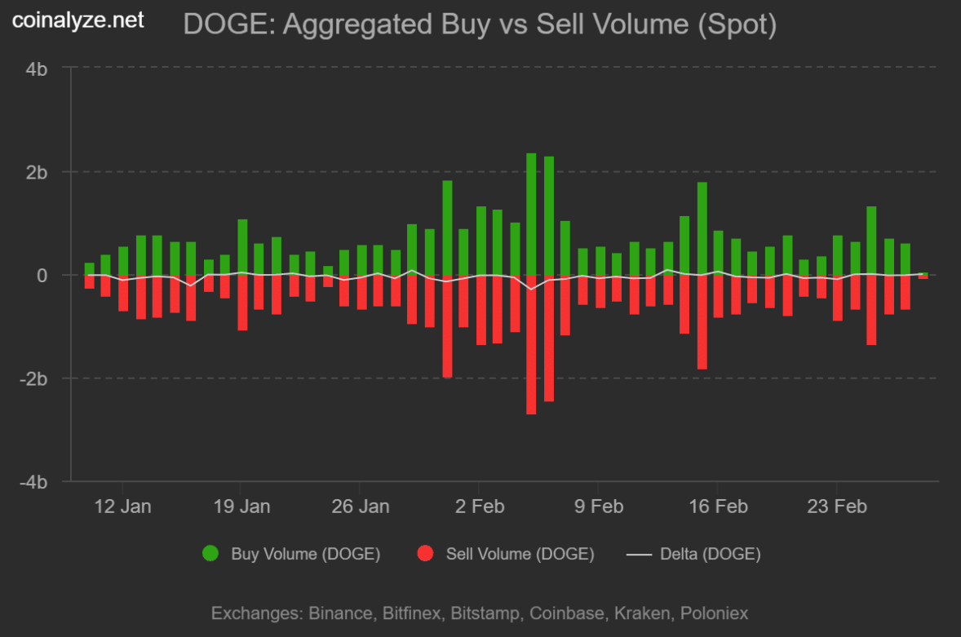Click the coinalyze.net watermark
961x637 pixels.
[x=77, y=20]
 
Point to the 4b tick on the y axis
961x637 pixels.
[x=37, y=69]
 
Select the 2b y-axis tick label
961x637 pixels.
[x=37, y=172]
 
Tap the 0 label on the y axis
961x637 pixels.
[x=42, y=276]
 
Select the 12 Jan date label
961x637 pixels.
[x=122, y=507]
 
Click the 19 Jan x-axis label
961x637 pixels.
[x=241, y=507]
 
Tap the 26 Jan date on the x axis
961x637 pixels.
[x=361, y=507]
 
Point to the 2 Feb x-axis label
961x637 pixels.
[x=480, y=507]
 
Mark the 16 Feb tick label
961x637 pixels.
[x=718, y=507]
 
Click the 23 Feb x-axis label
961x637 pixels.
[x=837, y=507]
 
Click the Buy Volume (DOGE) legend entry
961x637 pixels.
[x=290, y=555]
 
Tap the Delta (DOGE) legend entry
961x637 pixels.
[x=693, y=555]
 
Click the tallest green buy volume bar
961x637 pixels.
[x=531, y=214]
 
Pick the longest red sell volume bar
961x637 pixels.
[x=531, y=344]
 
